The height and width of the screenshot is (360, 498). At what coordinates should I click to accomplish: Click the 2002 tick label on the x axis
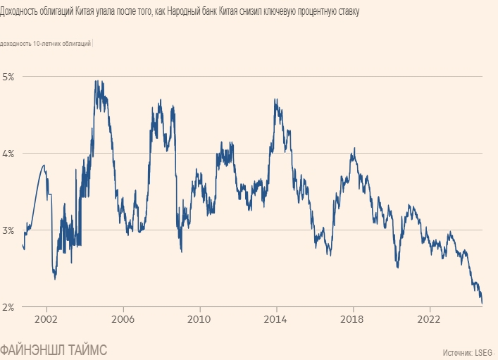pyautogui.click(x=46, y=318)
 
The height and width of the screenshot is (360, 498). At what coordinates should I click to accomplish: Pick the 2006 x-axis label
pyautogui.click(x=123, y=318)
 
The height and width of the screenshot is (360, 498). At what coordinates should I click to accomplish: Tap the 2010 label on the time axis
pyautogui.click(x=200, y=318)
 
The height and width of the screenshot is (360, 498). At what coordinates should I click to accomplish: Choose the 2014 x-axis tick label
pyautogui.click(x=276, y=318)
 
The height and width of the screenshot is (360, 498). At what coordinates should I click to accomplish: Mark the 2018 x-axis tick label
pyautogui.click(x=353, y=318)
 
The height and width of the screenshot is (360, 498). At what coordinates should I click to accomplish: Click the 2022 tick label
pyautogui.click(x=430, y=318)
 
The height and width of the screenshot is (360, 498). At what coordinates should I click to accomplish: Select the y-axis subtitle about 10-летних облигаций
pyautogui.click(x=46, y=44)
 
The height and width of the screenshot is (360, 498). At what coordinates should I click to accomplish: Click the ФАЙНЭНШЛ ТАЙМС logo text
pyautogui.click(x=54, y=349)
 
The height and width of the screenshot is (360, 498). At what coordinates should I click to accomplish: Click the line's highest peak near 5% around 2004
pyautogui.click(x=96, y=81)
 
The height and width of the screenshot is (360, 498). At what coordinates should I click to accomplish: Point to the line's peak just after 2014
pyautogui.click(x=275, y=99)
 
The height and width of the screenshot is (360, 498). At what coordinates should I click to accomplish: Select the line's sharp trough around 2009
pyautogui.click(x=182, y=251)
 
